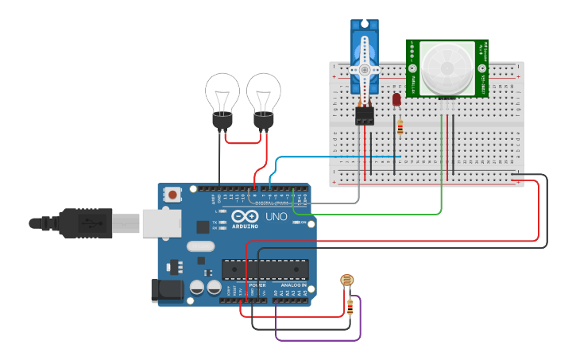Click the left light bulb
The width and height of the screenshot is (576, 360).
(x=222, y=97)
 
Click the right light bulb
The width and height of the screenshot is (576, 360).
(x=263, y=97)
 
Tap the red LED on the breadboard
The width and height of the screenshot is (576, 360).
(x=396, y=99)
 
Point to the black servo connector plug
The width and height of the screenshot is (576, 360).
(x=365, y=115)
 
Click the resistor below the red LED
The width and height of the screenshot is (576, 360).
(x=400, y=127)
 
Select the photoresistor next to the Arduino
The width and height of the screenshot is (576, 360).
(x=346, y=280)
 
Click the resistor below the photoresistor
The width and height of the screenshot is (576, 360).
(x=350, y=307)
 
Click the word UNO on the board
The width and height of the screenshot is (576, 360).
(x=276, y=216)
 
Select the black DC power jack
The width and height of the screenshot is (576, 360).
(x=167, y=289)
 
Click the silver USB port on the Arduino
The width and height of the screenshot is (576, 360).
(x=163, y=223)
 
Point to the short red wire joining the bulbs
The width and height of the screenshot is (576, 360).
(x=243, y=142)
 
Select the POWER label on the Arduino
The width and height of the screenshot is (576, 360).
(x=257, y=285)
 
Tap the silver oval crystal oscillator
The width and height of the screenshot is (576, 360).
(x=201, y=246)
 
